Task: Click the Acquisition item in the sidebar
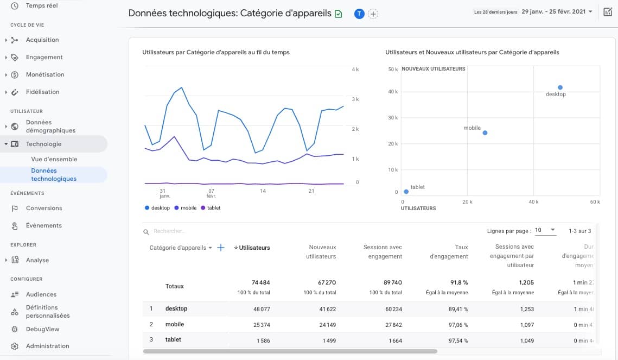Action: [x=42, y=40]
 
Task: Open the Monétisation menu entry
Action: [x=44, y=74]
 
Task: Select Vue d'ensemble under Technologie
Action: [x=54, y=159]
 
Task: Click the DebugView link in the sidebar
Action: [x=42, y=329]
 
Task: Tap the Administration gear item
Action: [x=47, y=346]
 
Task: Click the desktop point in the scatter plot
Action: [x=560, y=87]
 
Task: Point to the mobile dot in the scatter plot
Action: [x=485, y=133]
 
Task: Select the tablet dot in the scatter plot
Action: [x=406, y=192]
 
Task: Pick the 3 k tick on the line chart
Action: [x=355, y=99]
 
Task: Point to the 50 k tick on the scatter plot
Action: [x=393, y=70]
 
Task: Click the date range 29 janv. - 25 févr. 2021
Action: [x=557, y=11]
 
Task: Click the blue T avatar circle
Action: [x=359, y=14]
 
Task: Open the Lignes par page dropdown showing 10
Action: [x=545, y=230]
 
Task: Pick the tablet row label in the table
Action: [x=173, y=339]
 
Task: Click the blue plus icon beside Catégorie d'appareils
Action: [x=221, y=248]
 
